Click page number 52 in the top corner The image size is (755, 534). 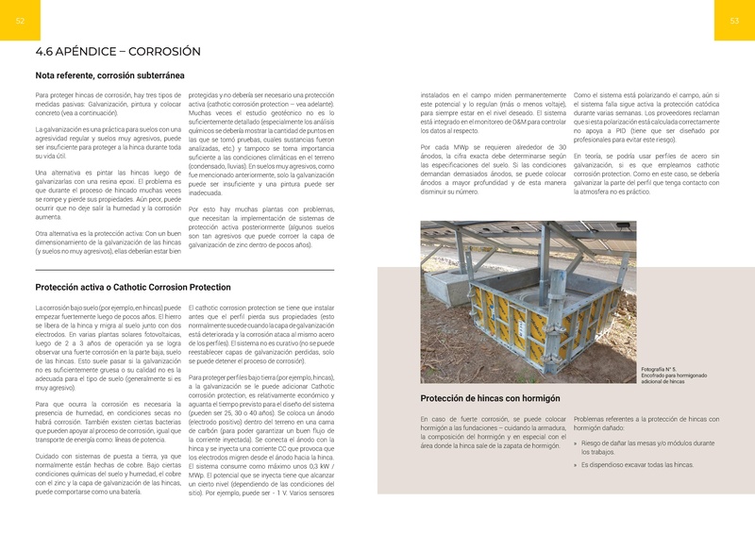tap(21, 22)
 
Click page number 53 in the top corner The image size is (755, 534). tap(734, 22)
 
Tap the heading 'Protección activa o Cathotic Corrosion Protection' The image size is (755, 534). tap(132, 287)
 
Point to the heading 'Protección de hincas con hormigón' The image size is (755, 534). tap(490, 398)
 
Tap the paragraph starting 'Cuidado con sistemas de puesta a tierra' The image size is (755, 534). tap(108, 473)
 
